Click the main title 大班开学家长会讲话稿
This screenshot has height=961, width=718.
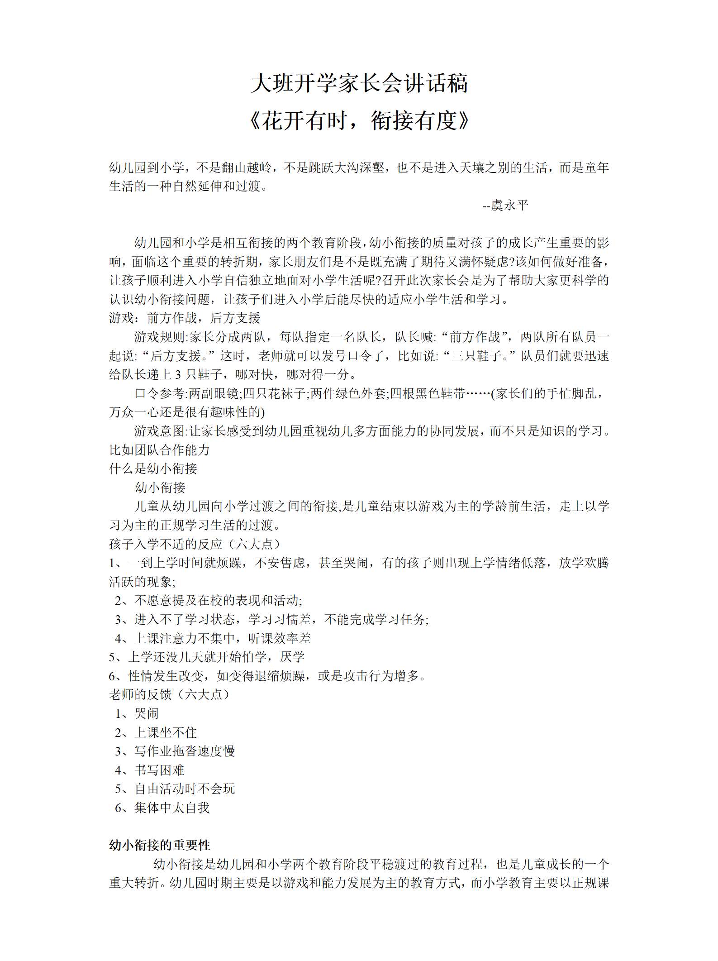pyautogui.click(x=359, y=84)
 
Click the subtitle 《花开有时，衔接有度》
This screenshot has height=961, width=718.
pyautogui.click(x=359, y=121)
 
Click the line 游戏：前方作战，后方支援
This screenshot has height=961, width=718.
pyautogui.click(x=185, y=318)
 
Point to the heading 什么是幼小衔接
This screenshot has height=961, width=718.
pyautogui.click(x=153, y=469)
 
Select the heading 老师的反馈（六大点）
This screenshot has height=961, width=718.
pyautogui.click(x=169, y=694)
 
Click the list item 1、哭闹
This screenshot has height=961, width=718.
pyautogui.click(x=137, y=713)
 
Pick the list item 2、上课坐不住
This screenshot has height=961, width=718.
pyautogui.click(x=156, y=732)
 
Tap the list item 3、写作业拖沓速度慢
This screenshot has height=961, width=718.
pyautogui.click(x=175, y=751)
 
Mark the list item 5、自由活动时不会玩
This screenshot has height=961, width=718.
pyautogui.click(x=175, y=789)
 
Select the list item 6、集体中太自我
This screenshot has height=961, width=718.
pyautogui.click(x=162, y=808)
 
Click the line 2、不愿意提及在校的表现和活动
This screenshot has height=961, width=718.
pyautogui.click(x=208, y=601)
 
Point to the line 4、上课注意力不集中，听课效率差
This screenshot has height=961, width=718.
pyautogui.click(x=213, y=638)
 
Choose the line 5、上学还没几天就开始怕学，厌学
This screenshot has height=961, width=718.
pyautogui.click(x=206, y=657)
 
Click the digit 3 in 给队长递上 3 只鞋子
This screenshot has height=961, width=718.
pyautogui.click(x=178, y=375)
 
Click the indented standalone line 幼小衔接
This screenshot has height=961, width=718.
pyautogui.click(x=160, y=488)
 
